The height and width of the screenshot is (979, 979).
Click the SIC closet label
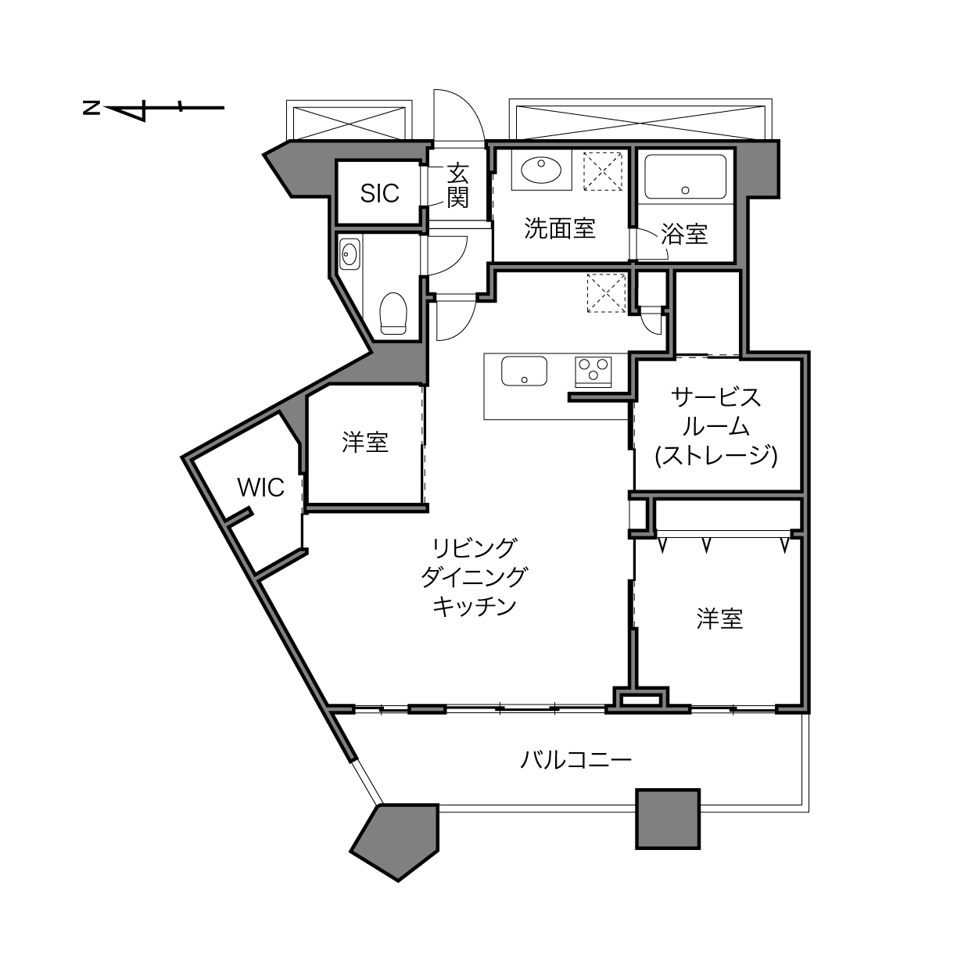pyautogui.click(x=379, y=193)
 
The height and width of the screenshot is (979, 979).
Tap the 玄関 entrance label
pyautogui.click(x=457, y=186)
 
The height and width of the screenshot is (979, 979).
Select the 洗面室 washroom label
pyautogui.click(x=559, y=228)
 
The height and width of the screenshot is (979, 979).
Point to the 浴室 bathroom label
pyautogui.click(x=684, y=235)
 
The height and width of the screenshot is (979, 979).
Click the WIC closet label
pyautogui.click(x=260, y=488)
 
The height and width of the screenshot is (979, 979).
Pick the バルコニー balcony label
pyautogui.click(x=576, y=760)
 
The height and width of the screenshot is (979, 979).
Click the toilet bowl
pyautogui.click(x=393, y=313)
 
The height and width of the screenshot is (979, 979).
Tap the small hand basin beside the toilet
pyautogui.click(x=350, y=254)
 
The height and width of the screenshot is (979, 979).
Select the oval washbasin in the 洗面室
pyautogui.click(x=541, y=170)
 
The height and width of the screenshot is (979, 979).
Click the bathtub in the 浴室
pyautogui.click(x=685, y=177)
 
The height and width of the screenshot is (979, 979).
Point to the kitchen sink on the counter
pyautogui.click(x=524, y=371)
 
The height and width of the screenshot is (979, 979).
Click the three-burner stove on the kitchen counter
pyautogui.click(x=593, y=371)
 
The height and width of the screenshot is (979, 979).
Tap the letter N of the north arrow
pyautogui.click(x=91, y=108)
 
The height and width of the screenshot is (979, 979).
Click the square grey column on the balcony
pyautogui.click(x=668, y=819)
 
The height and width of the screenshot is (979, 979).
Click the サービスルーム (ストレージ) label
pyautogui.click(x=715, y=427)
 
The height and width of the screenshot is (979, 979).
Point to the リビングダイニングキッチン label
pyautogui.click(x=474, y=578)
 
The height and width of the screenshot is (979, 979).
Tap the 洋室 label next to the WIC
pyautogui.click(x=364, y=442)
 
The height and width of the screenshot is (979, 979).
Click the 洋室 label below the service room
pyautogui.click(x=719, y=619)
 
